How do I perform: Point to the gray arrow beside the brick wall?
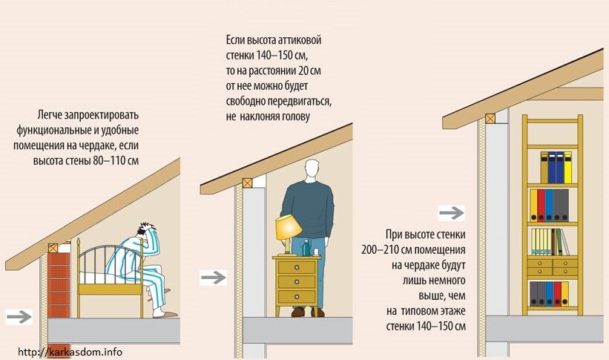pos(19,316)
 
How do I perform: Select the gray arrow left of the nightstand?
pos(214,278)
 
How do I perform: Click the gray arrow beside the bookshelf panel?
pos(451,214)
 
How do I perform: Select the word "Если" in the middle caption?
pos(237,39)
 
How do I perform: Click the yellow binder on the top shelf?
pos(567,168)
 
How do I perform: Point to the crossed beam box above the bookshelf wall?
pos(490,117)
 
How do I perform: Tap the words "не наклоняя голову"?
pos(266,117)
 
